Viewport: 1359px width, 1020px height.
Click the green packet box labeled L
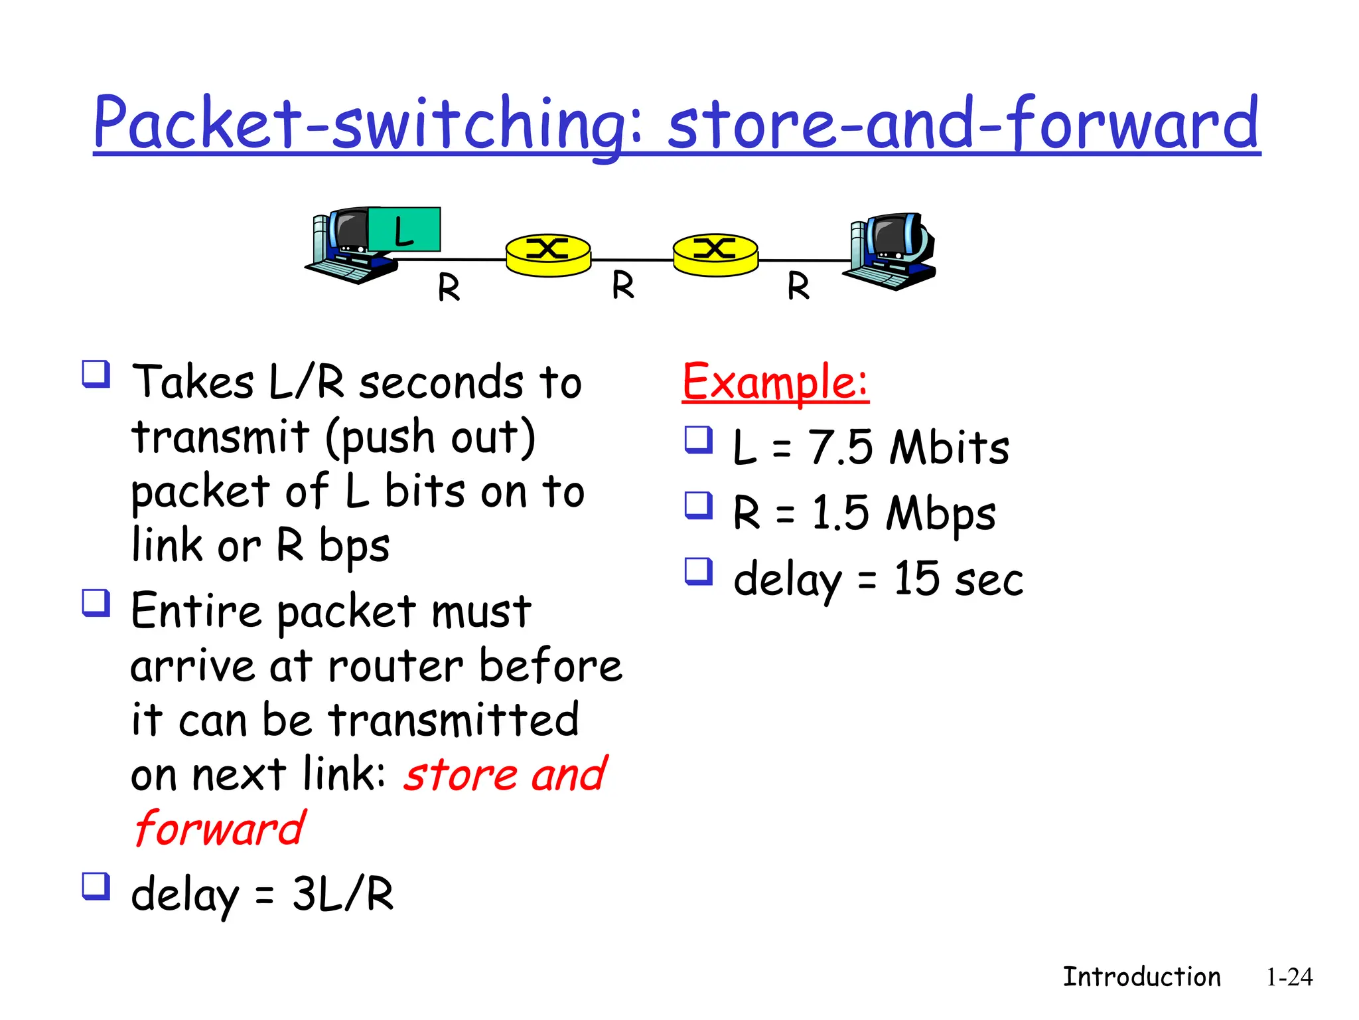(404, 230)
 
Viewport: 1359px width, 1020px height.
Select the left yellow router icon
(548, 254)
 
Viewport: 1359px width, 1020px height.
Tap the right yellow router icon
(715, 254)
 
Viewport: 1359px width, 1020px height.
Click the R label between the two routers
(623, 286)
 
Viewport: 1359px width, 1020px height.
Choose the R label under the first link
(449, 288)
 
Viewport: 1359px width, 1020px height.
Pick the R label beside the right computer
(798, 287)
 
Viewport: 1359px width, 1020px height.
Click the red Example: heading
(775, 382)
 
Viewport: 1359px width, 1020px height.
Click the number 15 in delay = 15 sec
(916, 578)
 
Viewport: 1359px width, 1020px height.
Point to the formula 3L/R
(343, 894)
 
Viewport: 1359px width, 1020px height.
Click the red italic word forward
(219, 829)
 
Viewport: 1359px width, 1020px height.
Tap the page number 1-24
(1289, 977)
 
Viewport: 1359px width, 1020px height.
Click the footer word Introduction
(1141, 977)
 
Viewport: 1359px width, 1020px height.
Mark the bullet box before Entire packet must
(96, 603)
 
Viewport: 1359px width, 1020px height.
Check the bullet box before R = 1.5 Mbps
(698, 505)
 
